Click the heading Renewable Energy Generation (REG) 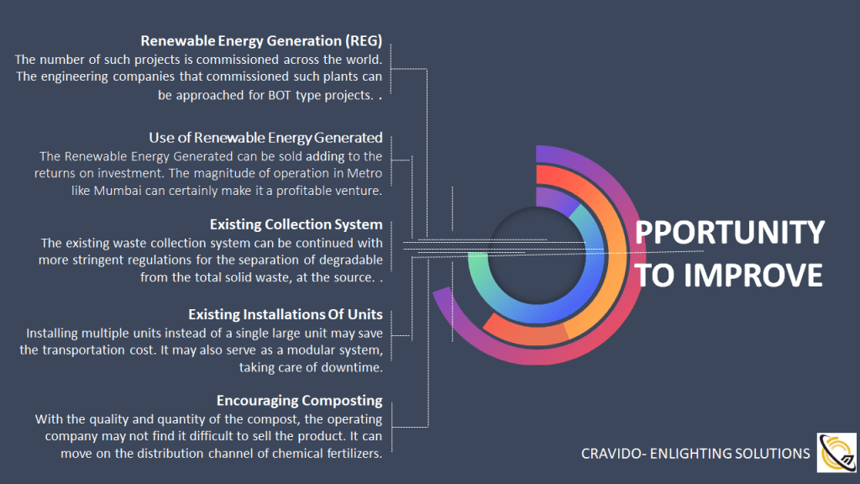click(x=261, y=41)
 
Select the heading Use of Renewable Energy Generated click(x=265, y=138)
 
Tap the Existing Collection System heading click(x=296, y=224)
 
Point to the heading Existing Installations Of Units click(x=286, y=314)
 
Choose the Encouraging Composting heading click(x=300, y=401)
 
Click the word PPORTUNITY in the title click(x=730, y=232)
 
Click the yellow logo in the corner click(x=836, y=453)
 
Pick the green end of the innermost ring click(x=478, y=262)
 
